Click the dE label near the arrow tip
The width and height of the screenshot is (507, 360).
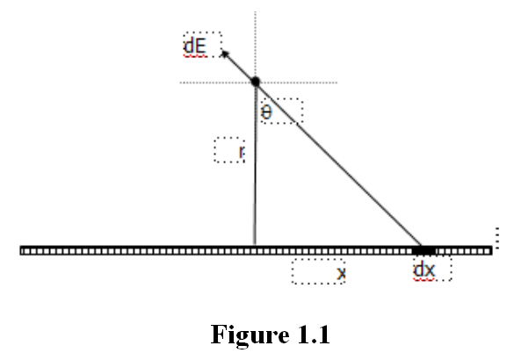coord(195,47)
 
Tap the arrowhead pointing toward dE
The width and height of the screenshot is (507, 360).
coord(225,54)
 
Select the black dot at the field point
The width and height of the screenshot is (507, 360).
coord(256,82)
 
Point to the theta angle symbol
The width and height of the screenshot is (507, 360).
coord(266,112)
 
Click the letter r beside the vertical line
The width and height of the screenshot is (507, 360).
coord(242,151)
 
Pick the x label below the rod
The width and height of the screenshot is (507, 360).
coord(341,273)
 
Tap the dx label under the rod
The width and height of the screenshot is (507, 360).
coord(424,270)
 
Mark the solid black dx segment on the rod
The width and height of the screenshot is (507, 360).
coord(424,250)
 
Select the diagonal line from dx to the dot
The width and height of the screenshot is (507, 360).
coord(338,163)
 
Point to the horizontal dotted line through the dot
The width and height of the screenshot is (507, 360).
coord(258,83)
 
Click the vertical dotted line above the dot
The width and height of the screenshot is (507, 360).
coord(256,45)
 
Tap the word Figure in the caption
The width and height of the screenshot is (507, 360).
coord(250,335)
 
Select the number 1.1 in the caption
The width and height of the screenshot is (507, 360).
coord(314,335)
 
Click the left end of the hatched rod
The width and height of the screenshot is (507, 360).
coord(21,250)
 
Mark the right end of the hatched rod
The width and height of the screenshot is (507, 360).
coord(491,250)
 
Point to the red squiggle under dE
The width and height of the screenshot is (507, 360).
coord(195,56)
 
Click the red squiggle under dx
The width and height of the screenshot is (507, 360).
coord(424,279)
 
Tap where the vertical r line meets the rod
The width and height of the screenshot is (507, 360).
coord(255,246)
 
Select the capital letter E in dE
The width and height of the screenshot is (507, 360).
coord(200,47)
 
